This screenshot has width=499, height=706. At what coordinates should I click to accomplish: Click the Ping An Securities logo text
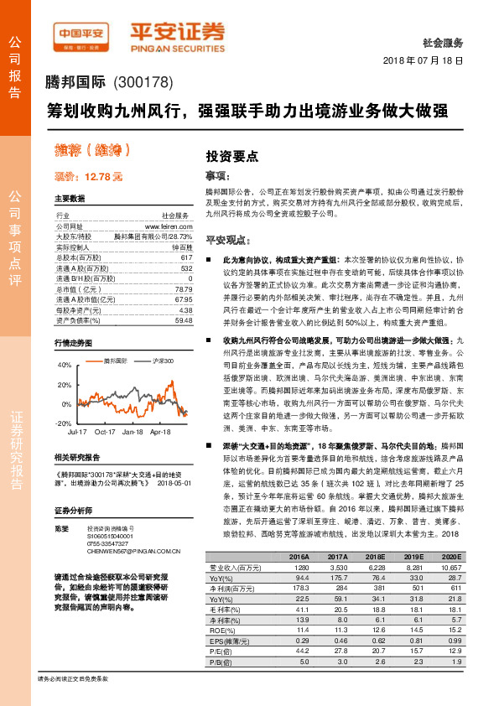coord(178,34)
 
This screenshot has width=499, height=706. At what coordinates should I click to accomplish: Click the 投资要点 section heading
coord(231,156)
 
